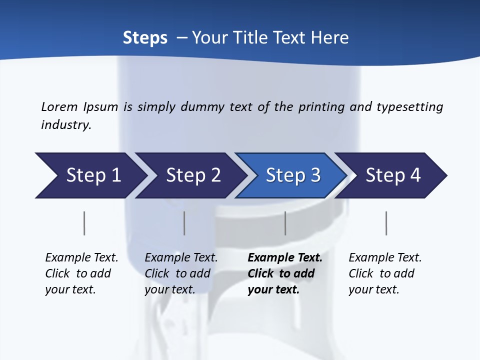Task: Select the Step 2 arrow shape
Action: pyautogui.click(x=193, y=175)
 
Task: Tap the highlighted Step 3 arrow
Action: pyautogui.click(x=293, y=175)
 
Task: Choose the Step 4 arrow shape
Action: pyautogui.click(x=393, y=175)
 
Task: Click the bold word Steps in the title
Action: pyautogui.click(x=145, y=38)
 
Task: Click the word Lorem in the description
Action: pyautogui.click(x=59, y=106)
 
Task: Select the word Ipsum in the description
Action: pyautogui.click(x=100, y=106)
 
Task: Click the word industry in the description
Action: pyautogui.click(x=66, y=125)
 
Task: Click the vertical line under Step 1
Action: pyautogui.click(x=84, y=223)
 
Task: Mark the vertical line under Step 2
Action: pyautogui.click(x=184, y=223)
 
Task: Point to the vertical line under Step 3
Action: pyautogui.click(x=285, y=223)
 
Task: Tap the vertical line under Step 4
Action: pyautogui.click(x=386, y=223)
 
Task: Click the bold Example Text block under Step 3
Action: pyautogui.click(x=284, y=273)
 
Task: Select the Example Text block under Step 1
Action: pyautogui.click(x=81, y=273)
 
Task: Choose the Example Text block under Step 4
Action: pyautogui.click(x=385, y=273)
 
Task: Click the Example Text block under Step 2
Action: pyautogui.click(x=181, y=273)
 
